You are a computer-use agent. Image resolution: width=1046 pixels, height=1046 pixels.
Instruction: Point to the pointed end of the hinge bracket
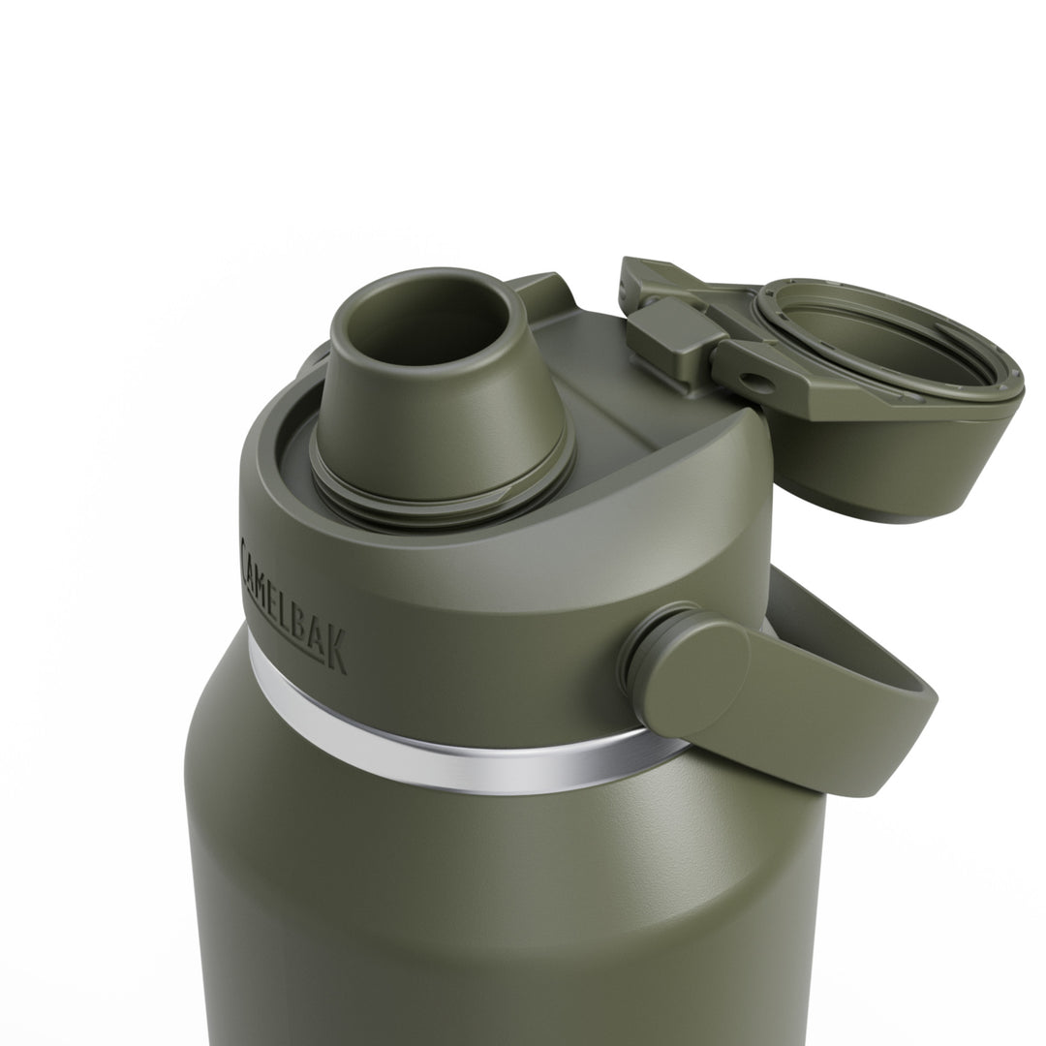(634, 271)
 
